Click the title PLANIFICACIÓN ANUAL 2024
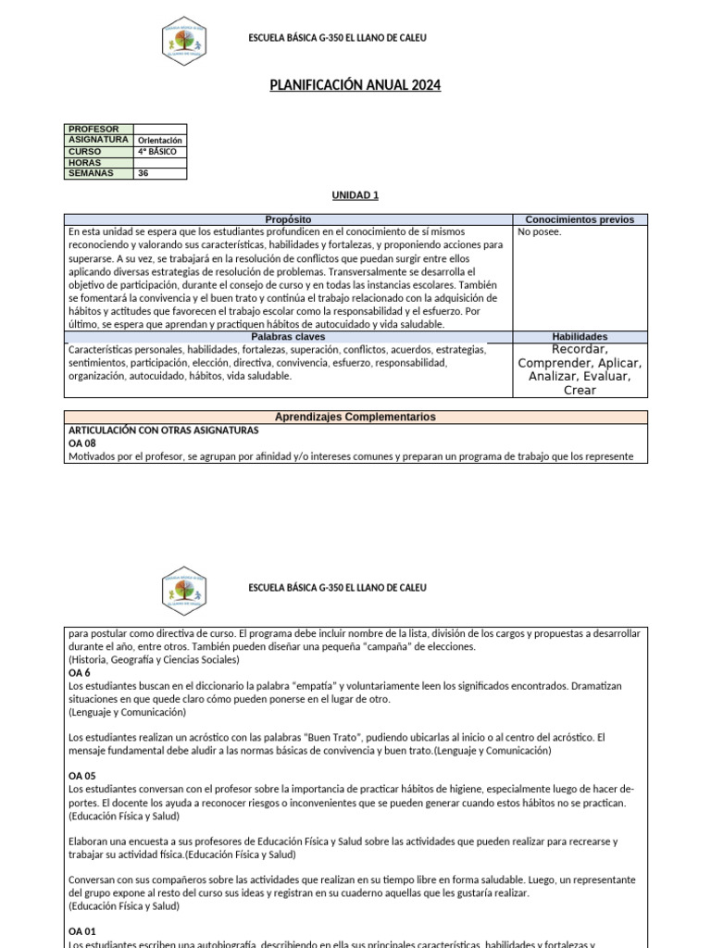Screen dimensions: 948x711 [x=355, y=86]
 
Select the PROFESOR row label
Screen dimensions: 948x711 [x=93, y=129]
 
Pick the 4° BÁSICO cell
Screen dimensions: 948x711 [x=156, y=151]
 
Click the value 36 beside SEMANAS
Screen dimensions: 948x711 [x=143, y=172]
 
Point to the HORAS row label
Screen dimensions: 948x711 [x=84, y=162]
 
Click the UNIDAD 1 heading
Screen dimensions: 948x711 [x=355, y=195]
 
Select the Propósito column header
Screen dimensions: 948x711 [x=288, y=219]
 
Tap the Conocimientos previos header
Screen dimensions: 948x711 [x=580, y=219]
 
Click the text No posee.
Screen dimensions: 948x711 [x=540, y=231]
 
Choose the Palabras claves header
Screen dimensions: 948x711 [x=288, y=337]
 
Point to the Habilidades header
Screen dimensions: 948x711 [x=580, y=337]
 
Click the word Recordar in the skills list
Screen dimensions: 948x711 [x=580, y=350]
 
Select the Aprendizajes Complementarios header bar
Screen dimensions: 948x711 [x=355, y=418]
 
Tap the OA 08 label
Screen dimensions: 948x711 [x=82, y=443]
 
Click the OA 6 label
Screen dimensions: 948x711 [x=80, y=673]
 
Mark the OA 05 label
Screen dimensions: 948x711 [x=82, y=776]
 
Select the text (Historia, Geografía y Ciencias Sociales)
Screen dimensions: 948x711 [x=154, y=660]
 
